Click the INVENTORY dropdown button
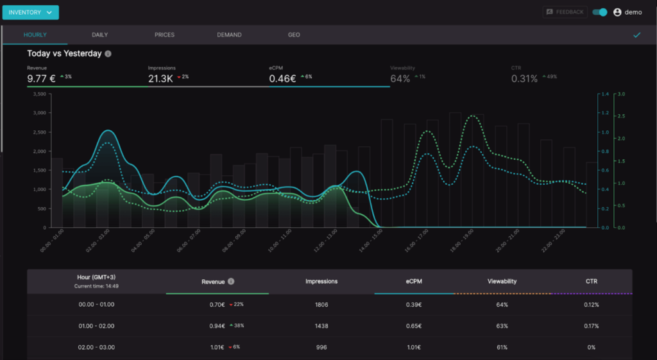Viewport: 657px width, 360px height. [30, 12]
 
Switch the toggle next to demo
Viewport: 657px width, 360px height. [600, 12]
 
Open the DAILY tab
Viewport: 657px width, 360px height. [100, 35]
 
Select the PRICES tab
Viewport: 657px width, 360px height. [164, 35]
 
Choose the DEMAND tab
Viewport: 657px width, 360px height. [229, 35]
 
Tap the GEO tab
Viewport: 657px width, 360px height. [294, 35]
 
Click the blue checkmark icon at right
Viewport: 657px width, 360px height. [636, 35]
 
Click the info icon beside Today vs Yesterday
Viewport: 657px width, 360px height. [108, 54]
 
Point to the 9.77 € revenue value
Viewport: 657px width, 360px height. [42, 79]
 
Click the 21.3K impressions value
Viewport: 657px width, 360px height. [160, 79]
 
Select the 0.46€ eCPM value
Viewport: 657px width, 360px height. [282, 79]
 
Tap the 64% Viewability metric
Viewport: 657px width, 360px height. [400, 79]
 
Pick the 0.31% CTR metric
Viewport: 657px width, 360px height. [524, 79]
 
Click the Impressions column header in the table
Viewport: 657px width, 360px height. [321, 281]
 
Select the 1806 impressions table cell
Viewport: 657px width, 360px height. [321, 305]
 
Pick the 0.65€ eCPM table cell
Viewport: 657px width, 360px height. [414, 326]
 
